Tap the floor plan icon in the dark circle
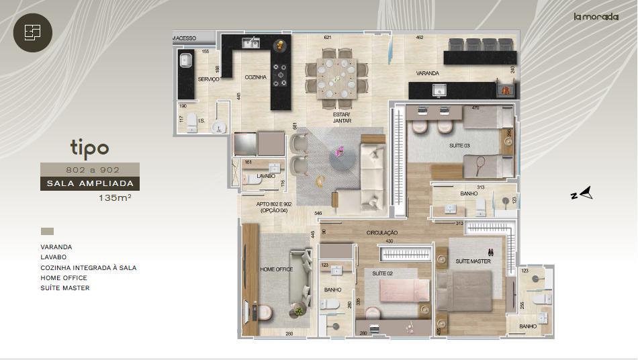(32, 32)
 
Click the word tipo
(89, 147)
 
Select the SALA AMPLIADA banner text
(90, 183)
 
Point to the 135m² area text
(114, 198)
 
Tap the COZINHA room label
(255, 77)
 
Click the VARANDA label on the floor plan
(427, 73)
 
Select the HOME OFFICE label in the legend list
(64, 277)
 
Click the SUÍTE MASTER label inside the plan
(473, 261)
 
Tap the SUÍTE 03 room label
(460, 146)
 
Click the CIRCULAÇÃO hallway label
(382, 232)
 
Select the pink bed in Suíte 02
(404, 290)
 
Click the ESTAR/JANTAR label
(343, 118)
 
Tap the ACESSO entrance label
(186, 38)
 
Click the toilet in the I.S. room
(192, 122)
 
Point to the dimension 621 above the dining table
(328, 38)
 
